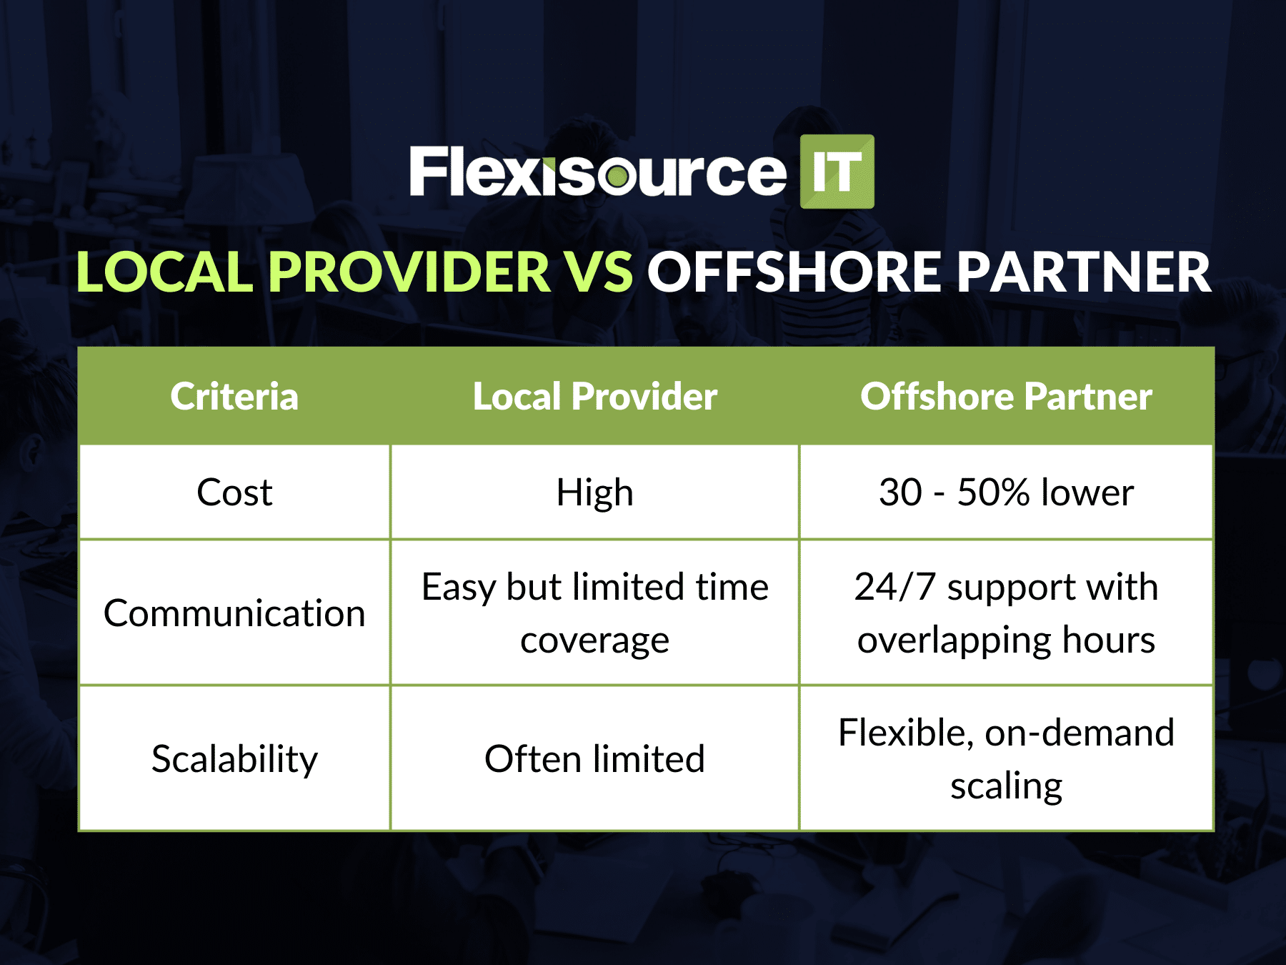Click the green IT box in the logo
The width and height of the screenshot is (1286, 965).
tap(837, 172)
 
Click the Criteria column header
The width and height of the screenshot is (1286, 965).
tap(234, 397)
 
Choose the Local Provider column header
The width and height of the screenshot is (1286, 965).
tap(594, 397)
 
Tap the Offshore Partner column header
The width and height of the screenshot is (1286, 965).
tap(1006, 397)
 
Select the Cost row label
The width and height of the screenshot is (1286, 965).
tap(234, 493)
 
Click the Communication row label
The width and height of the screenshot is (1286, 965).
tap(234, 613)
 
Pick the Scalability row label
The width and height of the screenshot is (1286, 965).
tap(234, 759)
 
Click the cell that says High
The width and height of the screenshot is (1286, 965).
tap(594, 493)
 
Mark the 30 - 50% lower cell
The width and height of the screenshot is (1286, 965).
tap(1006, 493)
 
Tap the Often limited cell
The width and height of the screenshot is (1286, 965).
tap(594, 759)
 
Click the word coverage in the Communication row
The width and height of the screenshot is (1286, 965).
tap(594, 640)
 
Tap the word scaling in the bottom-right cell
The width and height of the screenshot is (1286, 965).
tap(1006, 786)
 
